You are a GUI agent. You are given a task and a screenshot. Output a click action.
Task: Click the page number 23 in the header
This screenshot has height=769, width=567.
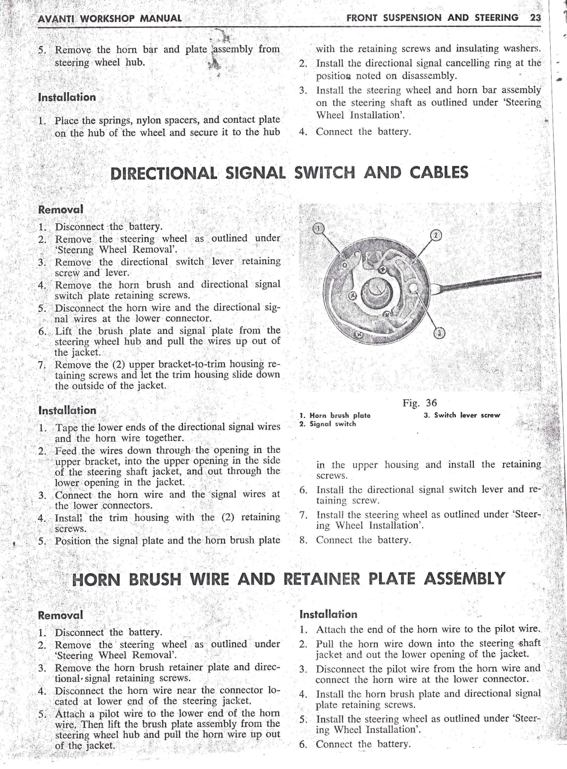pos(536,18)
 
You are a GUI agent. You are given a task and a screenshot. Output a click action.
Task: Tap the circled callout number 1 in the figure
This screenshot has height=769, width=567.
pos(320,228)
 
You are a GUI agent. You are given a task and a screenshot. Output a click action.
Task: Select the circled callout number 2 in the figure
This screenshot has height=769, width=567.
pos(435,235)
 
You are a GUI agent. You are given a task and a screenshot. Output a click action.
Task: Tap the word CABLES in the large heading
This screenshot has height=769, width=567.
pos(439,172)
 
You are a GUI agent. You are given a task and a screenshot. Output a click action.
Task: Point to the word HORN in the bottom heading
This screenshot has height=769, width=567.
pos(98,579)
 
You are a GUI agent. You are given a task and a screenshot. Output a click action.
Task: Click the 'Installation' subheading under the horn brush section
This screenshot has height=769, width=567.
pos(329,614)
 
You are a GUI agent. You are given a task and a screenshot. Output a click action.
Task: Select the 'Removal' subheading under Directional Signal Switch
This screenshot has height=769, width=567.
pos(60,209)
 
